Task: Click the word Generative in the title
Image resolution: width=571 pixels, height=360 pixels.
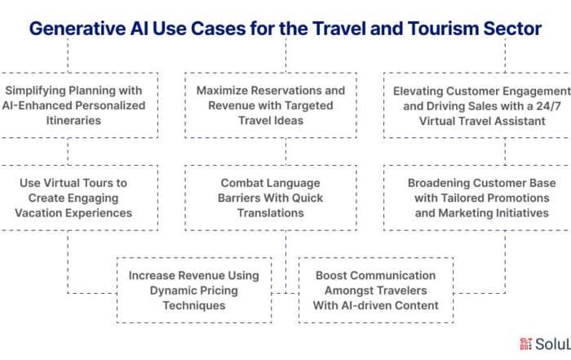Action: coord(77,29)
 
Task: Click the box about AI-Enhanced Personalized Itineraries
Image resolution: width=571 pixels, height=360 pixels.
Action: coord(79,105)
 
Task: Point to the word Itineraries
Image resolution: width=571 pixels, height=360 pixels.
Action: coord(73,121)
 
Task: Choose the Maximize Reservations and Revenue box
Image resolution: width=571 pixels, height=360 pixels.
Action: coord(271,105)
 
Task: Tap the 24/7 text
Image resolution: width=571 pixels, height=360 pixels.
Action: coord(549,106)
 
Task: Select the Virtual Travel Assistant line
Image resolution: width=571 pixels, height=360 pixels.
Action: coord(482,121)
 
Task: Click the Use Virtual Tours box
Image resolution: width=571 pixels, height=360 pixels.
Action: coord(79,198)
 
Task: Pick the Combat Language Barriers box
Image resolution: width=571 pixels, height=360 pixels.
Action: coord(271,198)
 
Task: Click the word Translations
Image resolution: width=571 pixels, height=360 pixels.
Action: coord(271,213)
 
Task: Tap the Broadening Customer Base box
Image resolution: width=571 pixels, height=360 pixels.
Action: coord(477,198)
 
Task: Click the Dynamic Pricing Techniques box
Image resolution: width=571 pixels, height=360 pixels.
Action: coord(194,291)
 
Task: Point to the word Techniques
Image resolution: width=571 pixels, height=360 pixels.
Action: coord(194,305)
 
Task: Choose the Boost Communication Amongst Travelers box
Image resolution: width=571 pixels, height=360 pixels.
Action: coord(376,291)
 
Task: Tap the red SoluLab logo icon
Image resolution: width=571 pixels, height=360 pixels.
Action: coord(526,344)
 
